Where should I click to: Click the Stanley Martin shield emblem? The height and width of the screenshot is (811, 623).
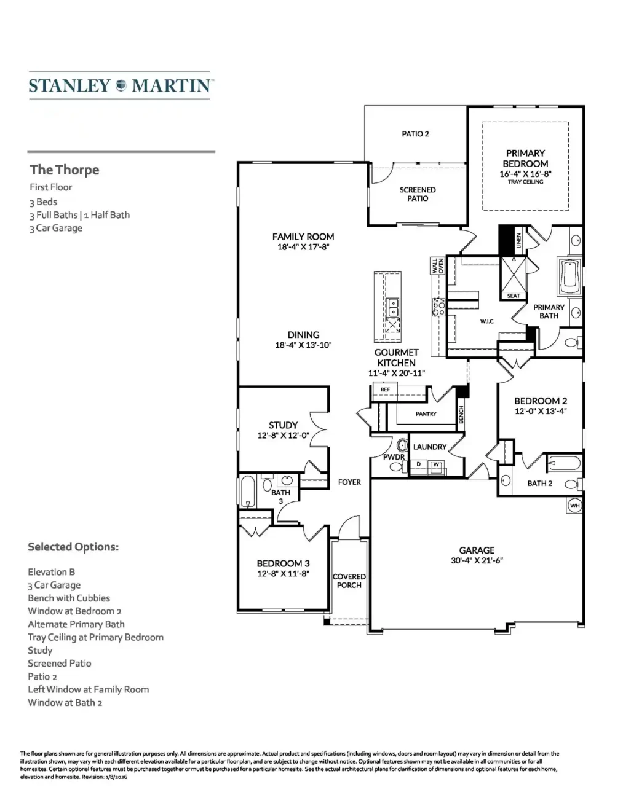pyautogui.click(x=121, y=85)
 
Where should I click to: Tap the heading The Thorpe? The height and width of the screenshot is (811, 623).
pyautogui.click(x=65, y=170)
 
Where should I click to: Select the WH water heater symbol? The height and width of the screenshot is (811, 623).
pyautogui.click(x=574, y=506)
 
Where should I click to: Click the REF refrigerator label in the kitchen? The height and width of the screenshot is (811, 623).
pyautogui.click(x=385, y=390)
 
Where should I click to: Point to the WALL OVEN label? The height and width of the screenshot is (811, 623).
pyautogui.click(x=437, y=266)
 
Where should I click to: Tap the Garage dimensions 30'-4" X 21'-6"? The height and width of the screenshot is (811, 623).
pyautogui.click(x=477, y=560)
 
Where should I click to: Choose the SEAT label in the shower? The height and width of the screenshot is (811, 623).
pyautogui.click(x=513, y=296)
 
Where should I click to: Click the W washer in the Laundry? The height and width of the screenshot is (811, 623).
pyautogui.click(x=436, y=464)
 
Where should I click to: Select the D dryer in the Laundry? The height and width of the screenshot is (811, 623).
pyautogui.click(x=419, y=464)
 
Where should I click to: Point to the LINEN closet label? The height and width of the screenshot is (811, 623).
pyautogui.click(x=518, y=240)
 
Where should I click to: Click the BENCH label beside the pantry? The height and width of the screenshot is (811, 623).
pyautogui.click(x=461, y=414)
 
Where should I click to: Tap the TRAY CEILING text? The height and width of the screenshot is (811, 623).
pyautogui.click(x=525, y=182)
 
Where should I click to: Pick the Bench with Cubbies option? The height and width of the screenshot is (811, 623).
pyautogui.click(x=69, y=598)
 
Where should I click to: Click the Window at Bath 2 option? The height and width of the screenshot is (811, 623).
pyautogui.click(x=65, y=702)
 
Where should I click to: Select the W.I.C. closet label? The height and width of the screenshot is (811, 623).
pyautogui.click(x=487, y=321)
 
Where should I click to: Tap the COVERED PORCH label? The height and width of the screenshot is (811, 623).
pyautogui.click(x=349, y=581)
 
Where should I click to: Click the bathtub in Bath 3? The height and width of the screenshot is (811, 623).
pyautogui.click(x=248, y=491)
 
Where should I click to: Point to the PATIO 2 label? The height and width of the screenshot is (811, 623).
pyautogui.click(x=415, y=133)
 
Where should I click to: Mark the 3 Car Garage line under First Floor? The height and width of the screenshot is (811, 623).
pyautogui.click(x=56, y=228)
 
